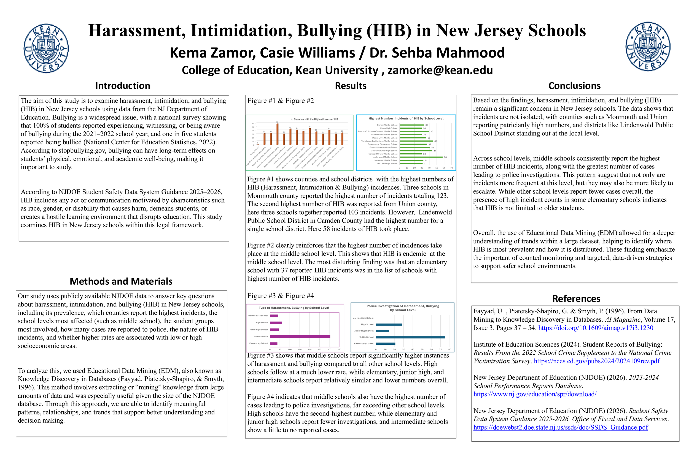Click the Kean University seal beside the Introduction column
pyautogui.click(x=46, y=48)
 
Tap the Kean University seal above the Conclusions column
pyautogui.click(x=648, y=46)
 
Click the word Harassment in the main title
pyautogui.click(x=136, y=31)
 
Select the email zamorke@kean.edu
pyautogui.click(x=440, y=70)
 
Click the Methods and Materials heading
pyautogui.click(x=121, y=281)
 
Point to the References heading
pyautogui.click(x=576, y=298)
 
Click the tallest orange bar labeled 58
pyautogui.click(x=277, y=134)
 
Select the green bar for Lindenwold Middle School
pyautogui.click(x=421, y=157)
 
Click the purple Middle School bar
pyautogui.click(x=300, y=337)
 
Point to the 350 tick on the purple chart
pyautogui.click(x=339, y=349)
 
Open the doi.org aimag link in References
pyautogui.click(x=596, y=328)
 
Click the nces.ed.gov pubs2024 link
pyautogui.click(x=596, y=361)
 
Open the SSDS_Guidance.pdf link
pyautogui.click(x=560, y=427)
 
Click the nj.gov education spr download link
pyautogui.click(x=535, y=394)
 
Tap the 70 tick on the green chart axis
pyautogui.click(x=451, y=168)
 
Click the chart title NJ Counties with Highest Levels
pyautogui.click(x=314, y=119)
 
